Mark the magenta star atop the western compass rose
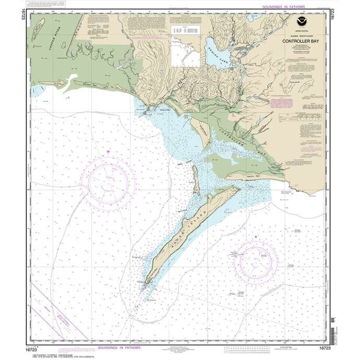click(108, 151)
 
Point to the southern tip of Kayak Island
click(147, 282)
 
